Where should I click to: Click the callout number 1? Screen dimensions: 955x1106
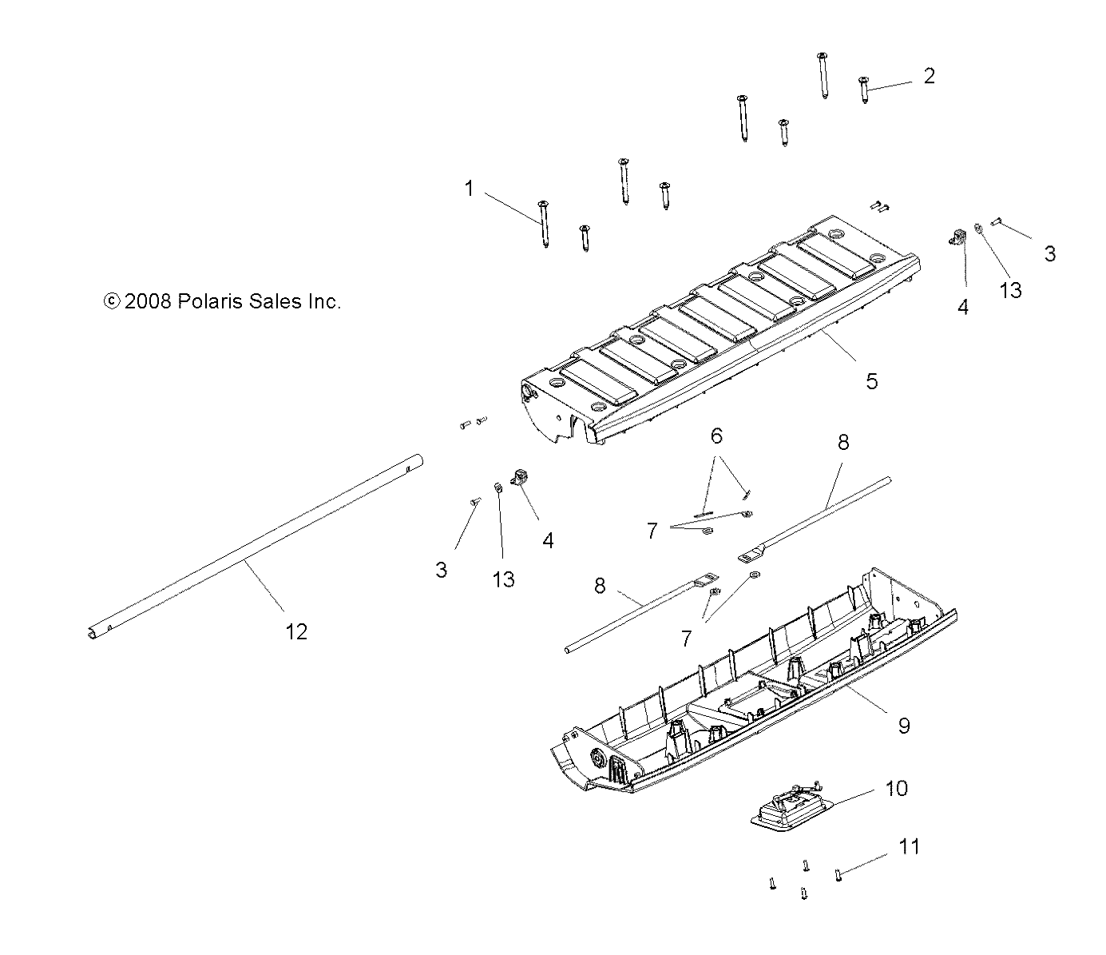point(469,189)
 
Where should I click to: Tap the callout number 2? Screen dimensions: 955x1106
point(928,76)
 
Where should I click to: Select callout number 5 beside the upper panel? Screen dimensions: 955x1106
point(871,381)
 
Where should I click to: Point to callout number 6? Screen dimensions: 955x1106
point(716,436)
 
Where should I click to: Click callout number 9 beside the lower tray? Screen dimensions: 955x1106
point(904,725)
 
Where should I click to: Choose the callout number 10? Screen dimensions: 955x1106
point(896,788)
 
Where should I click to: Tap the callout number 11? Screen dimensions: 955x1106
point(909,846)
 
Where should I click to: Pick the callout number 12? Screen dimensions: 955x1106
point(295,631)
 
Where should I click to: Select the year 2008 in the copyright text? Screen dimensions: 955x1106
point(148,301)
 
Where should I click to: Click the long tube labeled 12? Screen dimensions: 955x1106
point(256,544)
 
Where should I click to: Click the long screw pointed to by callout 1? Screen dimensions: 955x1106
point(544,224)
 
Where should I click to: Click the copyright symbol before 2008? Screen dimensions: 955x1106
point(112,301)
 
